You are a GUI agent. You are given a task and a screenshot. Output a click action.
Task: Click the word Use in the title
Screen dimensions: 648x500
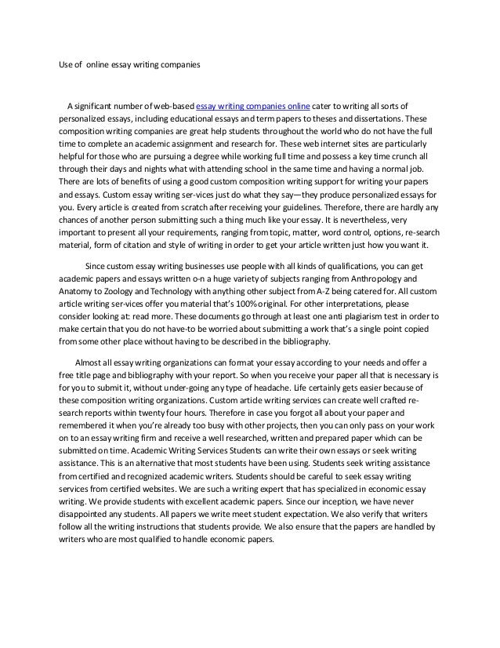[66, 66]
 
